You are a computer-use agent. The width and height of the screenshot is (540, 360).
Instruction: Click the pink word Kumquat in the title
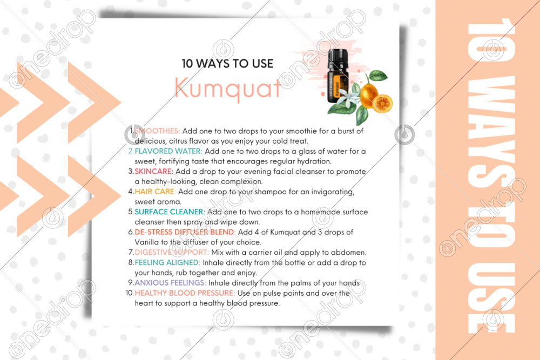coord(228,88)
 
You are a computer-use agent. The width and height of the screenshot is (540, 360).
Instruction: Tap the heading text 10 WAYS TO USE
coord(227,64)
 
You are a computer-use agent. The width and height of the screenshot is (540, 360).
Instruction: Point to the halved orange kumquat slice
coord(382,103)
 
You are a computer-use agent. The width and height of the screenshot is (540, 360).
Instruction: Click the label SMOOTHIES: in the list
coord(157,131)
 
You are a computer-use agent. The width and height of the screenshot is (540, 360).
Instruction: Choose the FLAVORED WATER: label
coord(168,151)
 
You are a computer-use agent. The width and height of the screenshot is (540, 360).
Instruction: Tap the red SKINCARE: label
coord(154,172)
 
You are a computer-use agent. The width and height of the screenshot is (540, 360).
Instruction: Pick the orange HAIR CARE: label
coord(155,192)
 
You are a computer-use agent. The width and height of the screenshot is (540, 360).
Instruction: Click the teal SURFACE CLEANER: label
coord(170,212)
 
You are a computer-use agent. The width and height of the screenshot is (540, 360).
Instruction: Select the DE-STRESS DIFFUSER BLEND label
coord(184,232)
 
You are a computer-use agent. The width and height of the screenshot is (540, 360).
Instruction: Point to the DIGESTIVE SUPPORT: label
coord(172,253)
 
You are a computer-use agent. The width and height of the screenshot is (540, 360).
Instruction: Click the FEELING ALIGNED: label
coord(167,263)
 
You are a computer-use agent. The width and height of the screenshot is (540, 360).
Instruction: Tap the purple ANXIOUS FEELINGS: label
coord(171,283)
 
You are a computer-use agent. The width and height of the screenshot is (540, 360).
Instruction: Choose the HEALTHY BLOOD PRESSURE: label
coord(185,293)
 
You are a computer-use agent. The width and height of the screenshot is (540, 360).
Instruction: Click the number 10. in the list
coord(130,293)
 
